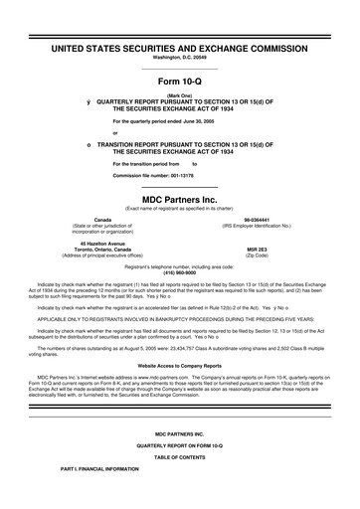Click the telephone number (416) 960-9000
click(x=180, y=272)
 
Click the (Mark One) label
click(x=180, y=95)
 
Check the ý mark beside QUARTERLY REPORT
click(x=90, y=101)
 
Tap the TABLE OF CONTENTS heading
click(x=180, y=483)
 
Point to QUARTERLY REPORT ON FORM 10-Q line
click(x=180, y=472)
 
